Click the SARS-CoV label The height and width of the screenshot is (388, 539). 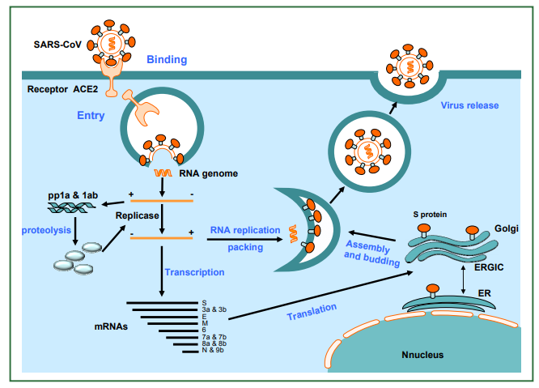[57, 45]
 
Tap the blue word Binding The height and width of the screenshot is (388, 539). [167, 59]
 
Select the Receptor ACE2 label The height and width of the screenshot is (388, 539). [62, 89]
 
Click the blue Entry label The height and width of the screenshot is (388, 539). [91, 115]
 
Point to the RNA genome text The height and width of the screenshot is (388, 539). [208, 173]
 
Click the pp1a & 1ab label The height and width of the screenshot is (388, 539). [73, 195]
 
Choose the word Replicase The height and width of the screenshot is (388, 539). [137, 215]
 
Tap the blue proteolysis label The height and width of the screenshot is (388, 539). [46, 230]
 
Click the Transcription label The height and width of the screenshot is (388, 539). [194, 272]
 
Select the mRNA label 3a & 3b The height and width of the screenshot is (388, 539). [214, 309]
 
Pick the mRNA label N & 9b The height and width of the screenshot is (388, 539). [213, 350]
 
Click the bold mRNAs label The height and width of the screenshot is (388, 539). [111, 326]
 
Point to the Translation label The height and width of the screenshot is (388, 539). [312, 312]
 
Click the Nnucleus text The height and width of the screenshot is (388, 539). [422, 355]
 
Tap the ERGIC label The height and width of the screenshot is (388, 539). [489, 267]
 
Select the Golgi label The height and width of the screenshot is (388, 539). [507, 228]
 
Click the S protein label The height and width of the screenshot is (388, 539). [430, 215]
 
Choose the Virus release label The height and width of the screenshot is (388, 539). [469, 105]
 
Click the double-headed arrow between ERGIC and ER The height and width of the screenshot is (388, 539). [464, 279]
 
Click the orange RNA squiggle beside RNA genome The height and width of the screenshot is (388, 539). [163, 173]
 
